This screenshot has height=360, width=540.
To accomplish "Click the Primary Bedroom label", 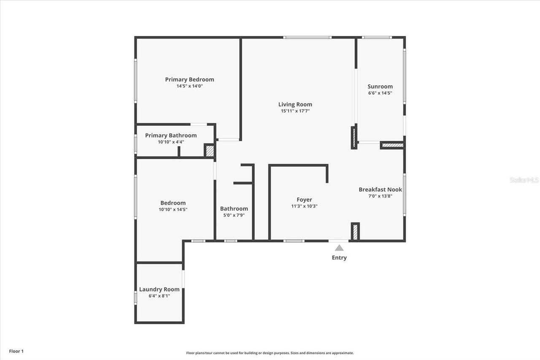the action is click(189, 79).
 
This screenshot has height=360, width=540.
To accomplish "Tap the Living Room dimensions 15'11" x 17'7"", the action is click(295, 111).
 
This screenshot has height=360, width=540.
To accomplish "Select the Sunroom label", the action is click(380, 87).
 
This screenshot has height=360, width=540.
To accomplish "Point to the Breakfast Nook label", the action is click(380, 189).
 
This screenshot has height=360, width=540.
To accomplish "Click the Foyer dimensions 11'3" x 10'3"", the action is click(304, 206).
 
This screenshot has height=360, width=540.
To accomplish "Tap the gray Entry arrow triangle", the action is click(339, 248).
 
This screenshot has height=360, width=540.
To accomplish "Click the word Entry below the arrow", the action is click(339, 258).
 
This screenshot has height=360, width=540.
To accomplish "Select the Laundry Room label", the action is click(159, 290).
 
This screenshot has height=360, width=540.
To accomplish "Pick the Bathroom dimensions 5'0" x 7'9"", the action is click(234, 215).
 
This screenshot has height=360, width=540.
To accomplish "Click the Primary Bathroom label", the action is click(171, 135).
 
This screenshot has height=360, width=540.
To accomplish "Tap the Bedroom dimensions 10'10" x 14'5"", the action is click(173, 209).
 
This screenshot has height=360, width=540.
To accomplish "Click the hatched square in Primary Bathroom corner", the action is click(210, 151).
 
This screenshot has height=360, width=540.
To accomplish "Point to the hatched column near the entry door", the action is click(355, 232).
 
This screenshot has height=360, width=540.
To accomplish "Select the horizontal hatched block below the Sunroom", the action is click(392, 146).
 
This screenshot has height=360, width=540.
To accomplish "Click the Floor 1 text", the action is click(16, 351).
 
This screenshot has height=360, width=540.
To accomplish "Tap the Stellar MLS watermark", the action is click(524, 180).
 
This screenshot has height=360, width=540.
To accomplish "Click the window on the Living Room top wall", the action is click(307, 38).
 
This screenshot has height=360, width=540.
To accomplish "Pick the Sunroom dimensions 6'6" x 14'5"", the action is click(380, 93).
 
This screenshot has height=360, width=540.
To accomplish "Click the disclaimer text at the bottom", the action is click(270, 353).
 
